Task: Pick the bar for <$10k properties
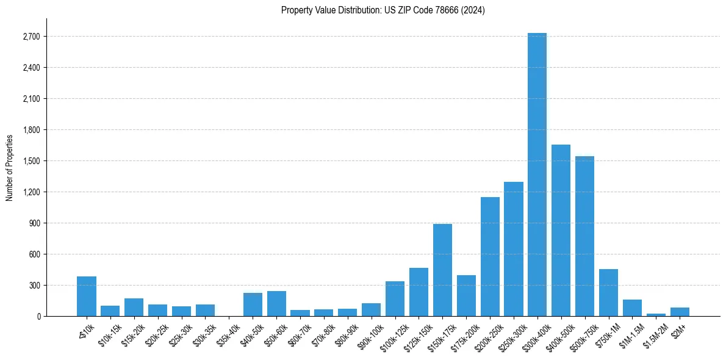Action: [x=87, y=297]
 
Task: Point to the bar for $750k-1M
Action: [x=608, y=293]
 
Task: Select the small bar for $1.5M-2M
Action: [x=656, y=315]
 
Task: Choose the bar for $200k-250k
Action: [x=490, y=256]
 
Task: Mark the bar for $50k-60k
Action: [x=276, y=304]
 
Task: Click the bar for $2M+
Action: [x=680, y=312]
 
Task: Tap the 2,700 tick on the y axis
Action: [x=31, y=37]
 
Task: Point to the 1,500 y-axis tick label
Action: [x=31, y=161]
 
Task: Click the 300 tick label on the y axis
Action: [x=34, y=286]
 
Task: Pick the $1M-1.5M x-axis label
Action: [x=631, y=332]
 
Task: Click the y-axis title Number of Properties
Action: [x=9, y=167]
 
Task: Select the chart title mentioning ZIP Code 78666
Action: [x=383, y=10]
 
